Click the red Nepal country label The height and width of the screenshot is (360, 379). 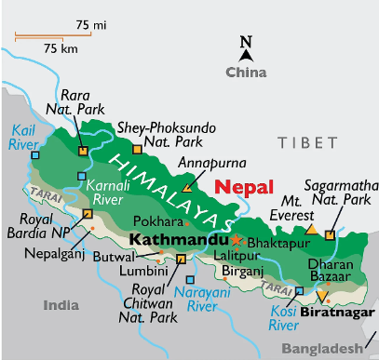pyautogui.click(x=245, y=186)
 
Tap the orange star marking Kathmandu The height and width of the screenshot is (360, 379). pyautogui.click(x=235, y=240)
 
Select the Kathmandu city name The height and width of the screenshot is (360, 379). pyautogui.click(x=177, y=240)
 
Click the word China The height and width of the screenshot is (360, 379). pyautogui.click(x=247, y=72)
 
